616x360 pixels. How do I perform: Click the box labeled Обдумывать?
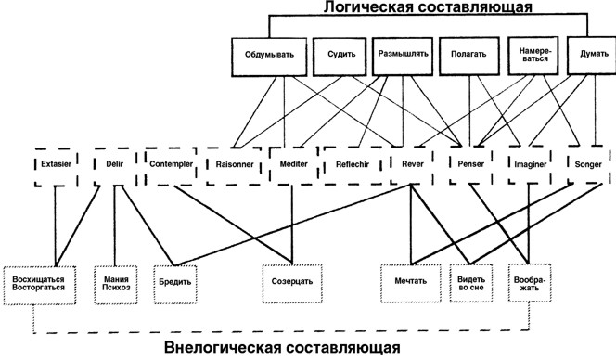[269, 54]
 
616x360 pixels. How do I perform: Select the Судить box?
[336, 54]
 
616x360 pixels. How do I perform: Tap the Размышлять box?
[402, 54]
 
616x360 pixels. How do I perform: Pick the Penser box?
[467, 163]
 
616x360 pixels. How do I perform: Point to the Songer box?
[588, 163]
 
